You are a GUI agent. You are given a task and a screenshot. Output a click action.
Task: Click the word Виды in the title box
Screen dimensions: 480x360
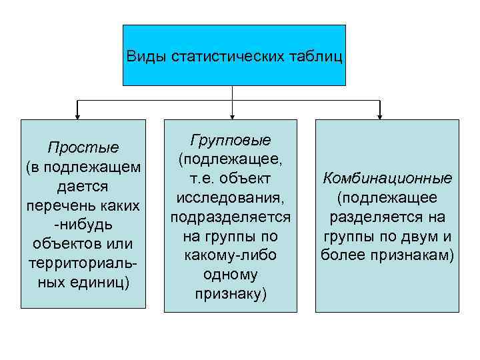[147, 55]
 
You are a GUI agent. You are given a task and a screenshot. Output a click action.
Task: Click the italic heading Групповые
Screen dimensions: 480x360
[231, 141]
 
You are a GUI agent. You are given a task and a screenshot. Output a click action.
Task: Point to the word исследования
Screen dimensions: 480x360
[231, 198]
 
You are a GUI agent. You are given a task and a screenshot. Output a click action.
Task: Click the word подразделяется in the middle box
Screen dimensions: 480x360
[231, 217]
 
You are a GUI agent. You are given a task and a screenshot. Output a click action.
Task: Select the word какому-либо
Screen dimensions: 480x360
[231, 255]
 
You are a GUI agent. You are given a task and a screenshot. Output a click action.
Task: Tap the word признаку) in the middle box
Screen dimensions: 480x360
[231, 293]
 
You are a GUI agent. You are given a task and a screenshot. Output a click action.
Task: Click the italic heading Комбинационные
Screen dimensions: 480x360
[387, 179]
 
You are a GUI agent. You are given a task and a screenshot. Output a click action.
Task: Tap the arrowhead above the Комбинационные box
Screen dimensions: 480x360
[380, 115]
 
